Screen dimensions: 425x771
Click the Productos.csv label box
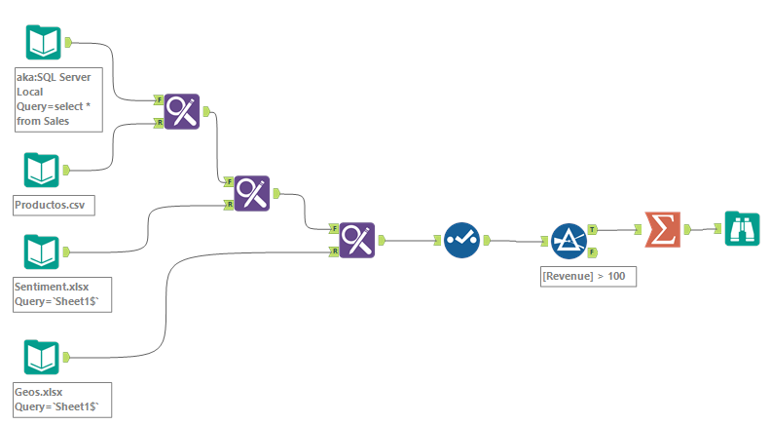click(54, 206)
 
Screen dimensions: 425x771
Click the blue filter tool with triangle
click(569, 240)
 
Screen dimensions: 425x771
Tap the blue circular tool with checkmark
click(462, 240)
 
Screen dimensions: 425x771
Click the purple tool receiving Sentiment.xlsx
click(252, 193)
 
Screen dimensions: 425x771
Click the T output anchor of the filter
click(593, 230)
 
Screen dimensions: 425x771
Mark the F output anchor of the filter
click(593, 252)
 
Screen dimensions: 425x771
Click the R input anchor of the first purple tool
click(158, 123)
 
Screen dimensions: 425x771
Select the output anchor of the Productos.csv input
click(67, 170)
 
